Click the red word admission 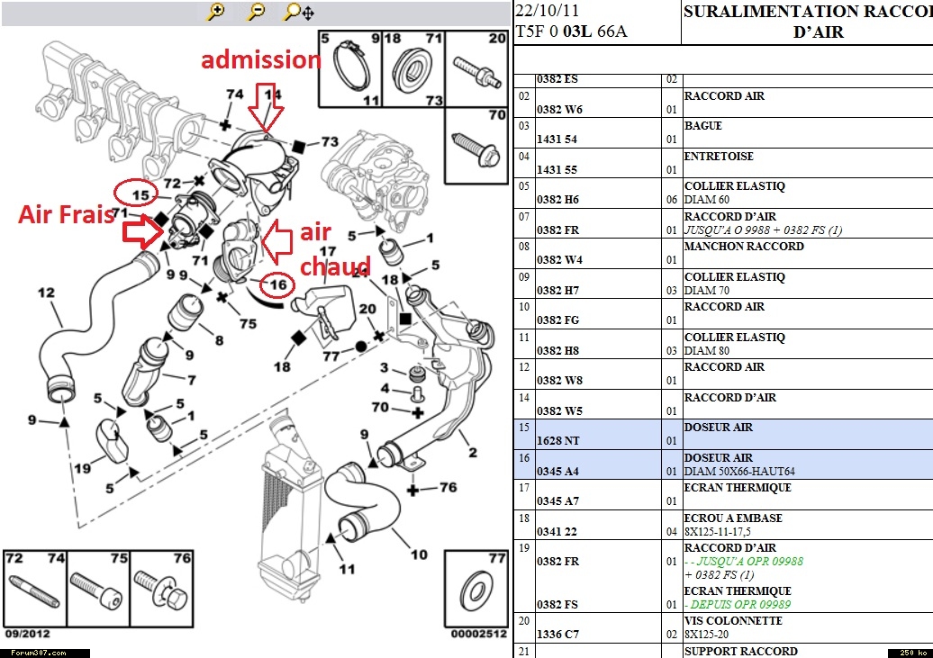(260, 60)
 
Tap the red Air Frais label (67, 214)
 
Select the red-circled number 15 (139, 193)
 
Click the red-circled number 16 (277, 285)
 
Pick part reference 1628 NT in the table (559, 441)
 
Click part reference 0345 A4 (559, 471)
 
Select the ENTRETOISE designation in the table (719, 157)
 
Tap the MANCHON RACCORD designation (744, 247)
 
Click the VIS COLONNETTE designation (733, 621)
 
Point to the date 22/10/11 (548, 12)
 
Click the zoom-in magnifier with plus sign (215, 12)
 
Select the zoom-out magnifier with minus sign (257, 12)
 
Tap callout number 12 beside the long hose (46, 292)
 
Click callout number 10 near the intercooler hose (419, 554)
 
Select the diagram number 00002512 (478, 633)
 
